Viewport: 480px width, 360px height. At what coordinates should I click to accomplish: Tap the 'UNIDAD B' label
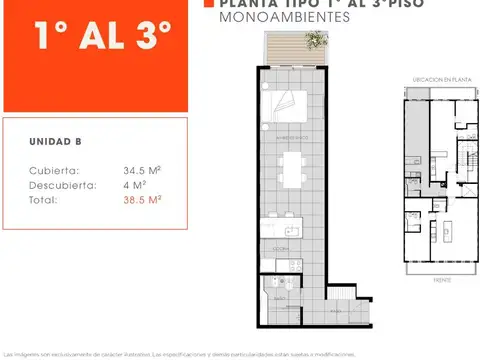49,142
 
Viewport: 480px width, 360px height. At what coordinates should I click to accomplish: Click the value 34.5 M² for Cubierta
143,170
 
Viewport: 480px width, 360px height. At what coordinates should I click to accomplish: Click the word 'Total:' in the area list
44,199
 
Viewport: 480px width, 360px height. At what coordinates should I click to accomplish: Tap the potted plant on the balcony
316,41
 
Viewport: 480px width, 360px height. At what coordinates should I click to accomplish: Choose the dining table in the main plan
294,165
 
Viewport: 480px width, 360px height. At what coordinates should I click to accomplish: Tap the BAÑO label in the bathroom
281,298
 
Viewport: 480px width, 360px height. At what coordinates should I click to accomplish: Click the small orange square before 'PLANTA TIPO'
208,4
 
